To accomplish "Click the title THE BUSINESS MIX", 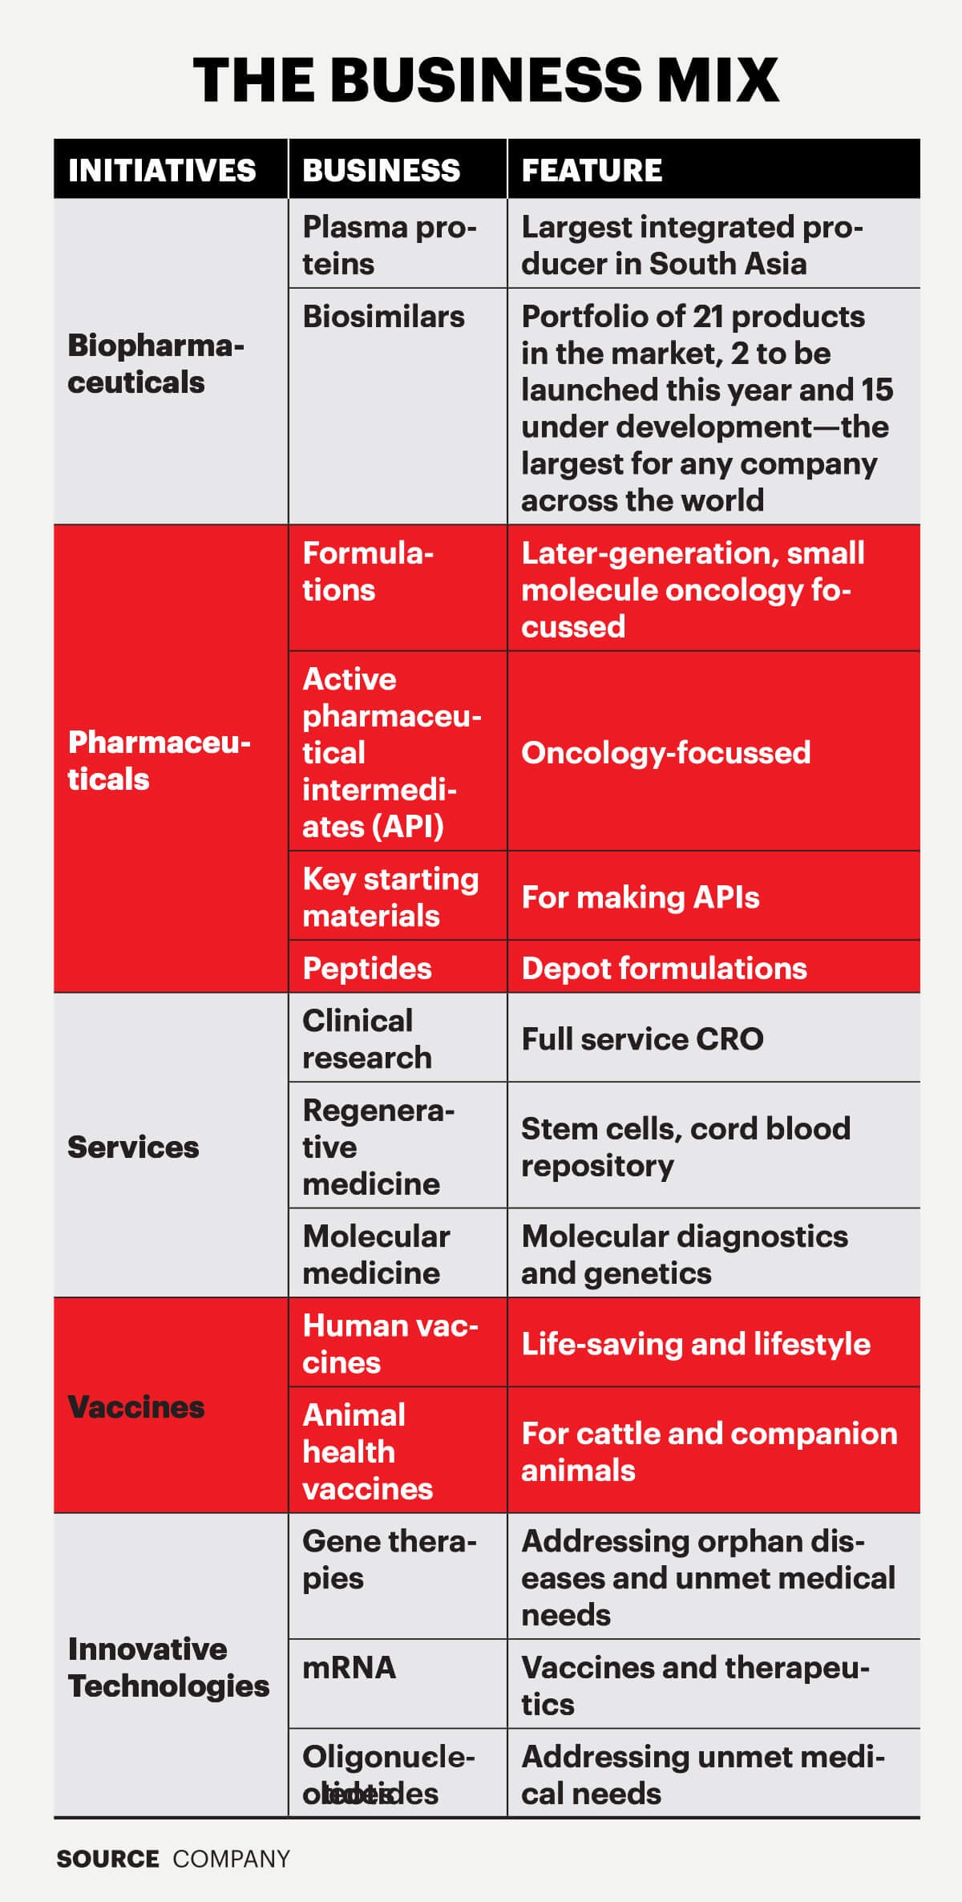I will pyautogui.click(x=485, y=80).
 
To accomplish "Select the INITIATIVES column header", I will pyautogui.click(x=162, y=170).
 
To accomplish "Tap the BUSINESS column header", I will pyautogui.click(x=382, y=170).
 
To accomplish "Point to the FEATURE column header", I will pyautogui.click(x=592, y=170).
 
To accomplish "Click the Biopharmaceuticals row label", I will pyautogui.click(x=156, y=363).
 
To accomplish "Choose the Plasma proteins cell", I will pyautogui.click(x=389, y=245).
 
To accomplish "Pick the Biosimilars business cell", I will pyautogui.click(x=383, y=317).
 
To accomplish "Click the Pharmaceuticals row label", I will pyautogui.click(x=159, y=760).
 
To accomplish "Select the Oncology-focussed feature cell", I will pyautogui.click(x=665, y=752).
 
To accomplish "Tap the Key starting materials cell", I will pyautogui.click(x=390, y=896).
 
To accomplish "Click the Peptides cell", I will pyautogui.click(x=366, y=968).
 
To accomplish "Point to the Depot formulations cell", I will pyautogui.click(x=664, y=968).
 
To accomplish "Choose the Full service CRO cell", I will pyautogui.click(x=642, y=1038).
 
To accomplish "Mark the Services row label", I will pyautogui.click(x=133, y=1147).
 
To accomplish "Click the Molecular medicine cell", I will pyautogui.click(x=375, y=1254).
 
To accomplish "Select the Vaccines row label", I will pyautogui.click(x=135, y=1406).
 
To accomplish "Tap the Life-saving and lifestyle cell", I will pyautogui.click(x=695, y=1344).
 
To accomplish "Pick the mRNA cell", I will pyautogui.click(x=349, y=1667).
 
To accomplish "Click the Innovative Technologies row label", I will pyautogui.click(x=168, y=1667).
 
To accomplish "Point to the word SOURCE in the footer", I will pyautogui.click(x=107, y=1859).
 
